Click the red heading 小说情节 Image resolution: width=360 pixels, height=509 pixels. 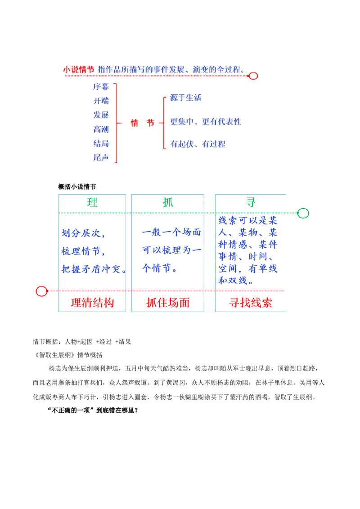point(78,70)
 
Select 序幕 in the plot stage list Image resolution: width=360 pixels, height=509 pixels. point(101,86)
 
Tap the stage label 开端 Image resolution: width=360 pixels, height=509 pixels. point(101,101)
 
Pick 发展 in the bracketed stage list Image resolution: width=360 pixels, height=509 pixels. point(101,115)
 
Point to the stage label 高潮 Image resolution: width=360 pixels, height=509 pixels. point(101,129)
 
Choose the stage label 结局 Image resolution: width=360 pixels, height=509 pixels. point(101,143)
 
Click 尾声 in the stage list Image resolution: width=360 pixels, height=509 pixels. point(101,158)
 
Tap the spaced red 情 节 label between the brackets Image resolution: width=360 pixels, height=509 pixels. point(142,123)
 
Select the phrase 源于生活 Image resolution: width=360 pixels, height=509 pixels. point(185,98)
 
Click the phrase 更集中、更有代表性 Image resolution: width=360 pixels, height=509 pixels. point(206,122)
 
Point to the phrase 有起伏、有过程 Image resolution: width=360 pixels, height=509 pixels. point(198,144)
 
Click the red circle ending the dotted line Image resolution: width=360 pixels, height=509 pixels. point(253,76)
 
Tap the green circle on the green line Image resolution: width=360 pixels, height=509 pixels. point(303,213)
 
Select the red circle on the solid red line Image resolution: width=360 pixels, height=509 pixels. point(41,291)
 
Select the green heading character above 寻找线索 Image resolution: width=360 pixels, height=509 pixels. point(250,202)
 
